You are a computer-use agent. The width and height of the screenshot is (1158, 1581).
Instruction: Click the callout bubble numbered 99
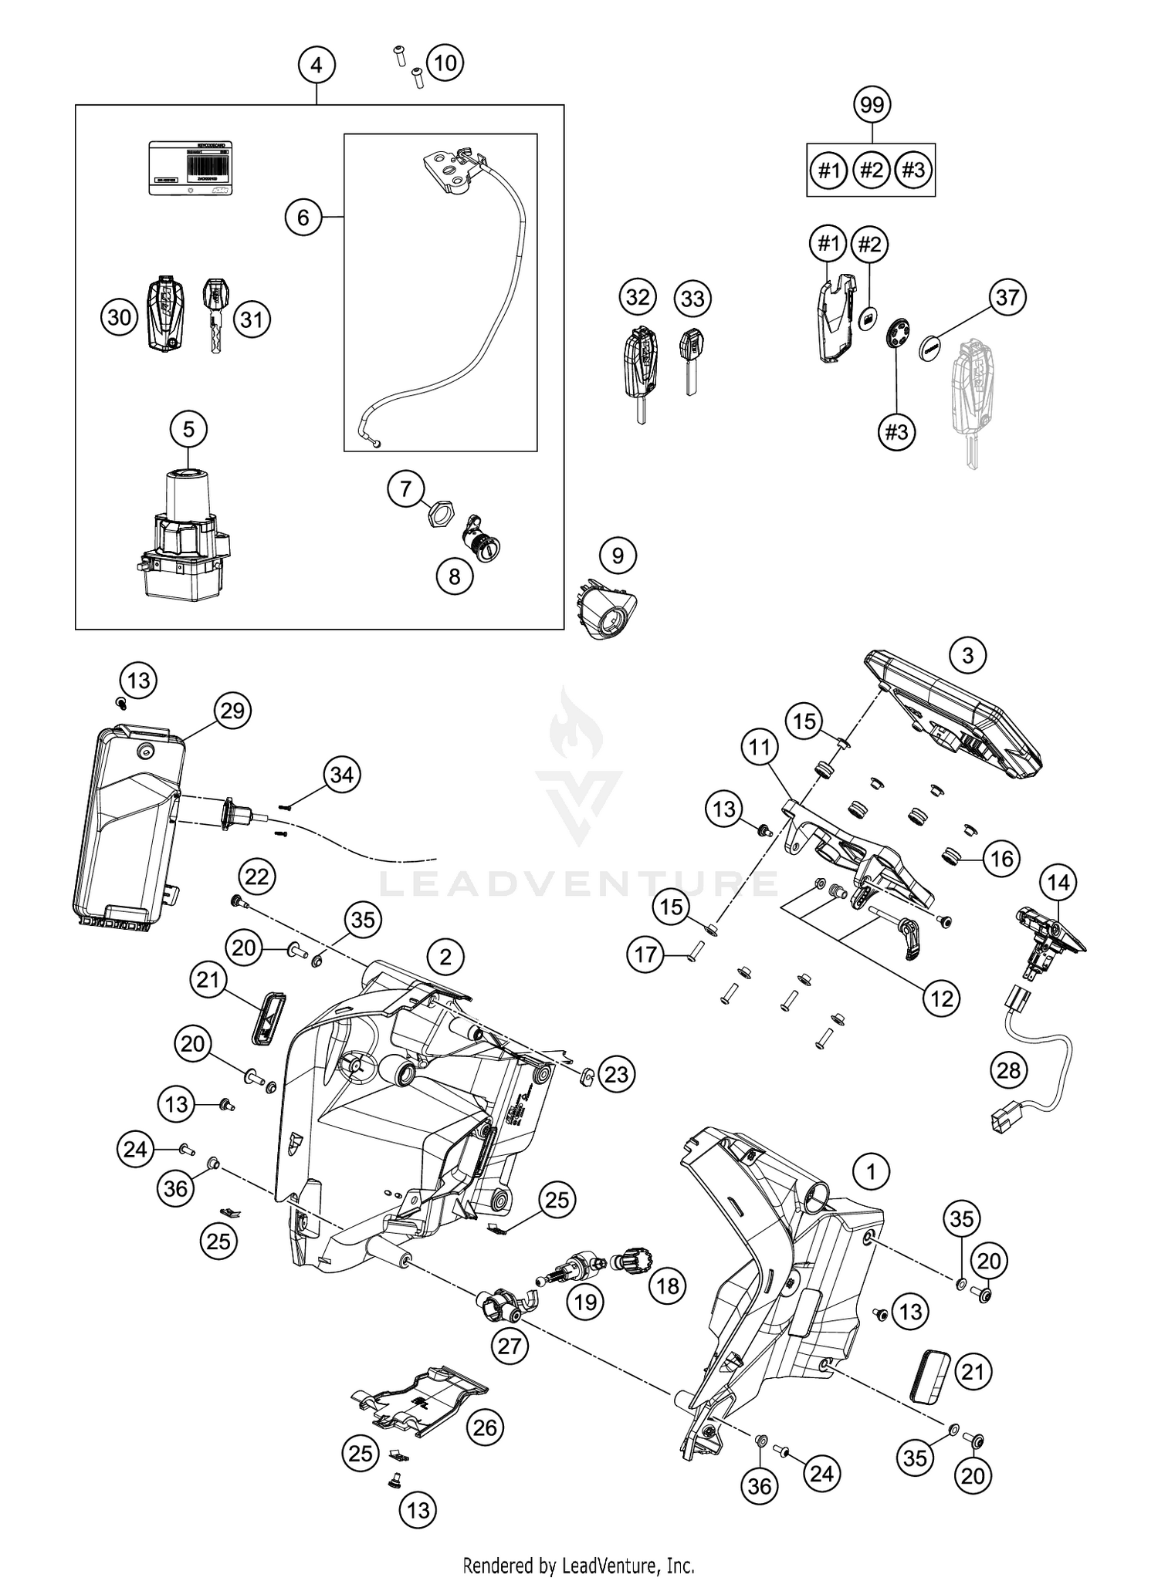[x=872, y=104]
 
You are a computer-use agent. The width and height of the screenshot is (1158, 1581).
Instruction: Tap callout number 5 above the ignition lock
[x=189, y=428]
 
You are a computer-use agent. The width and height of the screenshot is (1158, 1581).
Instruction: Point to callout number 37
[x=1007, y=297]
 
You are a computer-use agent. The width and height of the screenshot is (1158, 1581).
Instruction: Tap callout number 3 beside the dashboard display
[x=967, y=656]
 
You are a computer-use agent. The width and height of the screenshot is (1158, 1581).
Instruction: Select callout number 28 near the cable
[x=1008, y=1070]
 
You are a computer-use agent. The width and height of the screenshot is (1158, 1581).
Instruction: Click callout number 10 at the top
[x=445, y=62]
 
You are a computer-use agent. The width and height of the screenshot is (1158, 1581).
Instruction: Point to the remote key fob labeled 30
[x=166, y=316]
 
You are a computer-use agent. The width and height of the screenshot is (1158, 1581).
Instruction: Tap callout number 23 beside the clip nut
[x=616, y=1074]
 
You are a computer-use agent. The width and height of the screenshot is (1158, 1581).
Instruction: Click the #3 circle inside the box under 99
[x=913, y=169]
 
